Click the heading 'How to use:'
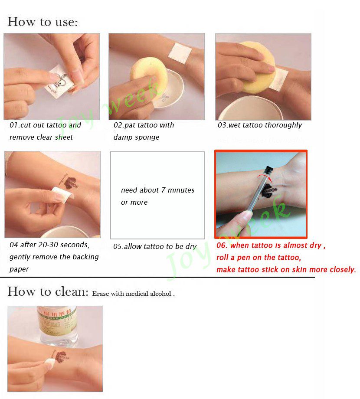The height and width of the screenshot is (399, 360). (x=43, y=22)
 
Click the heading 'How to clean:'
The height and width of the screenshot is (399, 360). (x=48, y=291)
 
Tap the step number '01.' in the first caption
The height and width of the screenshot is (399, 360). (x=15, y=125)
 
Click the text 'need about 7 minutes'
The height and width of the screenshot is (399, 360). (x=157, y=190)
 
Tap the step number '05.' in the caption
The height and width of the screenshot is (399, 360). (x=118, y=247)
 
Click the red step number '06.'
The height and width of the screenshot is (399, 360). (x=222, y=245)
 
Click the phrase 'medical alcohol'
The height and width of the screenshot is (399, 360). (x=149, y=294)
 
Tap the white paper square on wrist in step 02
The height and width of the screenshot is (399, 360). (x=180, y=52)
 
